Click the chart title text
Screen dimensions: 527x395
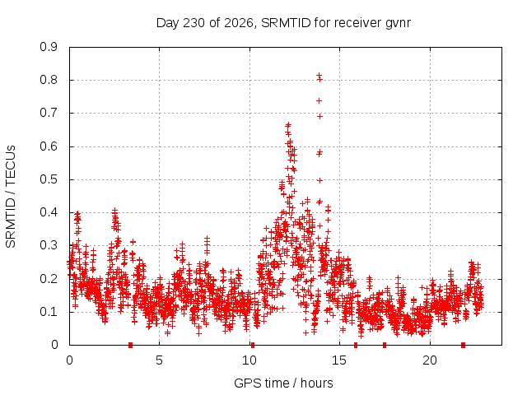[283, 23]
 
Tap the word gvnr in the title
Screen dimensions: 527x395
[398, 24]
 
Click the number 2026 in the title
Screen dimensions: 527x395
[238, 23]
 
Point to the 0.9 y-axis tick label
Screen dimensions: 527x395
[49, 47]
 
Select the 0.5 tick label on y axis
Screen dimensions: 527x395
[49, 179]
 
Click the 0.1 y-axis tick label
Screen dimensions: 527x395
[49, 312]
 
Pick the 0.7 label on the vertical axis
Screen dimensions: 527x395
[49, 113]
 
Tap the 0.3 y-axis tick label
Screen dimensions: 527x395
[49, 245]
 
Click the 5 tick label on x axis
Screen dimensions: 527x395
[159, 360]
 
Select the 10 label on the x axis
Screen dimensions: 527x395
[250, 360]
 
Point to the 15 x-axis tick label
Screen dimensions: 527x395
[339, 360]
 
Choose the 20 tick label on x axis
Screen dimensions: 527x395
[430, 360]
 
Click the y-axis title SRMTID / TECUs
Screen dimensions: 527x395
[11, 197]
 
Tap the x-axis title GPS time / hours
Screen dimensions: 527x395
[283, 383]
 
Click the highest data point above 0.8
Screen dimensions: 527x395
[319, 75]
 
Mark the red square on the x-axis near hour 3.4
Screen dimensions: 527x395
[130, 345]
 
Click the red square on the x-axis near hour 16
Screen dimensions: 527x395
[356, 345]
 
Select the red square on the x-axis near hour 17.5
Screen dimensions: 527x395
[385, 345]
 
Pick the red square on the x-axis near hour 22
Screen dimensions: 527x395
[463, 345]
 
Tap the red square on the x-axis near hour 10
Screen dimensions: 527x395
[253, 345]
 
